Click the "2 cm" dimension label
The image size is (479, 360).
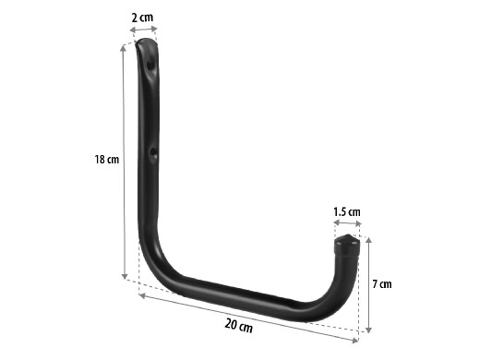[x=142, y=18]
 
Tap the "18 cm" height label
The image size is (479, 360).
[x=106, y=160]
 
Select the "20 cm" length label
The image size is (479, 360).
[x=238, y=326]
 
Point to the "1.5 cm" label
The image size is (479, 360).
[x=347, y=212]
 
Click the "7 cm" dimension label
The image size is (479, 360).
[x=382, y=284]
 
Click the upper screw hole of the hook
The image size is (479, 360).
[x=150, y=65]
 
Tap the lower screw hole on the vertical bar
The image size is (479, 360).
[x=152, y=153]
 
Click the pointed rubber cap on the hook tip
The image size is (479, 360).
[x=347, y=246]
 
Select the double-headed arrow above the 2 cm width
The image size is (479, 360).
[x=143, y=30]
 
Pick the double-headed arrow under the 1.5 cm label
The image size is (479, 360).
[x=347, y=222]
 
